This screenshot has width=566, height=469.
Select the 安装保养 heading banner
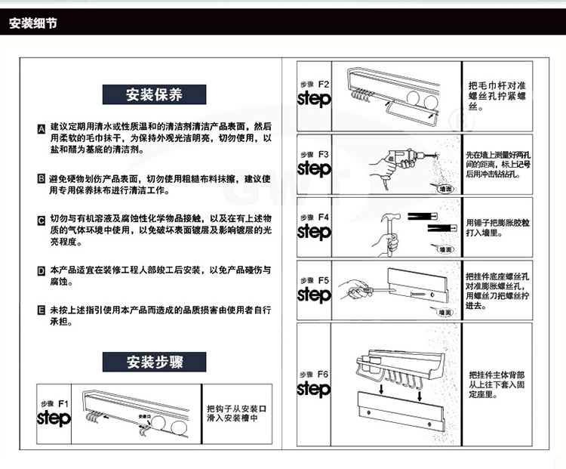point(155,95)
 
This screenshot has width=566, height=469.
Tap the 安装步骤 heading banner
point(155,361)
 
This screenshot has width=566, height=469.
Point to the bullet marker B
point(42,179)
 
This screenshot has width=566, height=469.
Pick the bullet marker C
point(42,221)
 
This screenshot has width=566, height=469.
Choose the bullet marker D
point(42,270)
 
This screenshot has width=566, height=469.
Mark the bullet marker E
point(42,311)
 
